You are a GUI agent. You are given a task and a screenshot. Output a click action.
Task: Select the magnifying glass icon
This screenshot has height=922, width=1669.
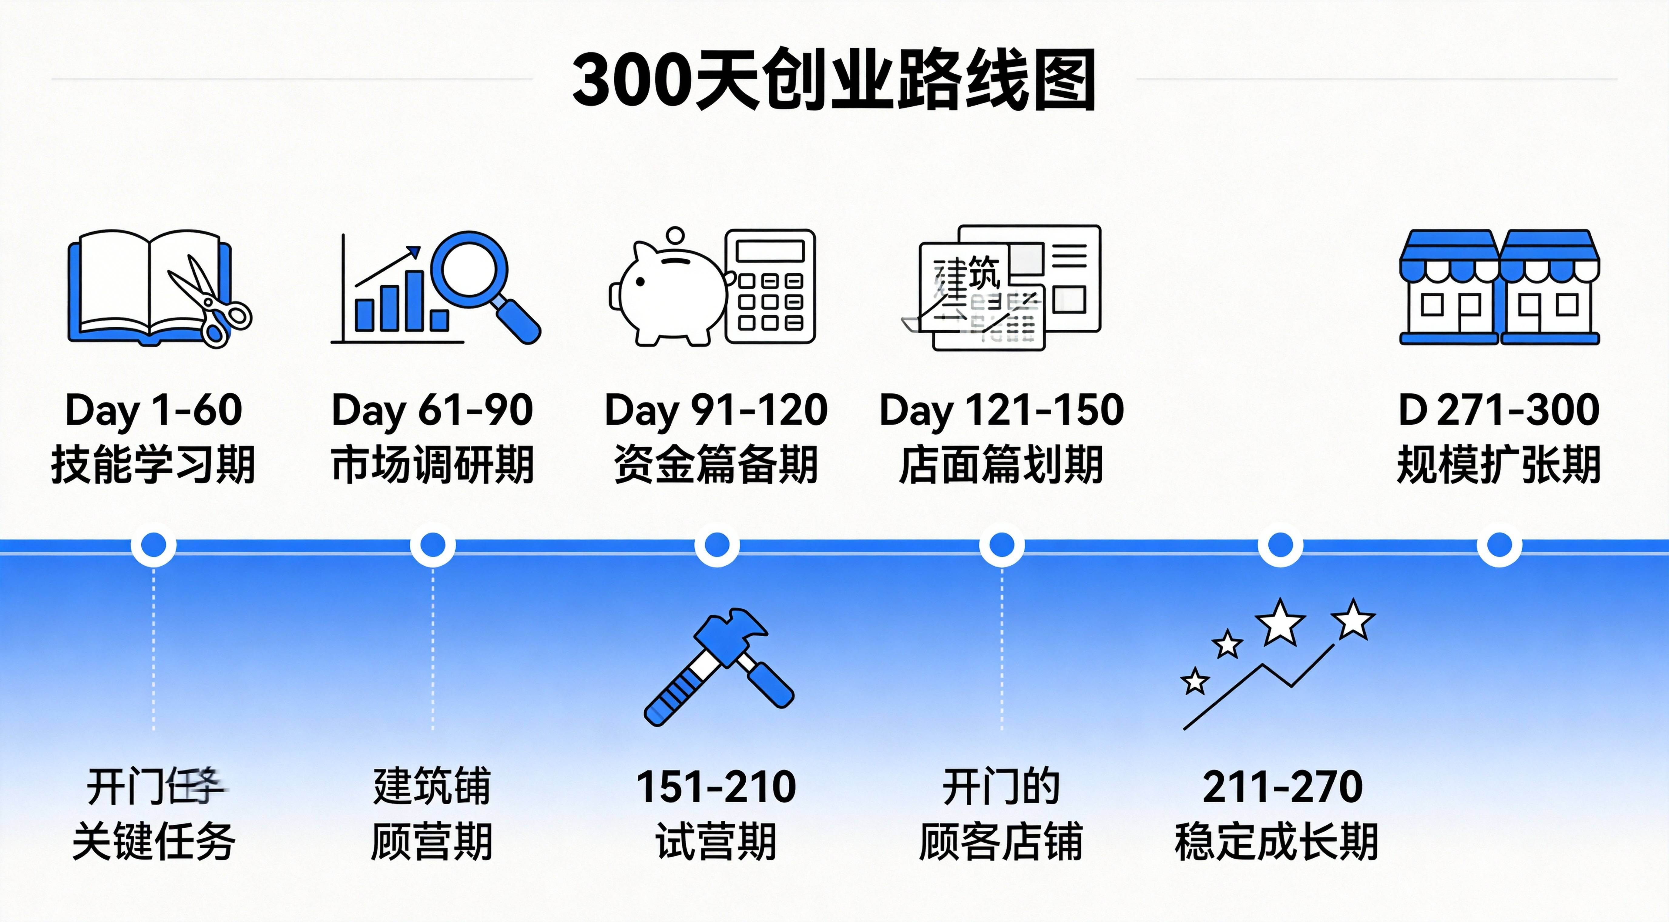tap(483, 282)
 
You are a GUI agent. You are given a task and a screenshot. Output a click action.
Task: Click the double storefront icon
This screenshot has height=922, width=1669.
tap(1499, 287)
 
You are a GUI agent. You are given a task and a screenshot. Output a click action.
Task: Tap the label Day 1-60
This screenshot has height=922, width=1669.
tap(153, 410)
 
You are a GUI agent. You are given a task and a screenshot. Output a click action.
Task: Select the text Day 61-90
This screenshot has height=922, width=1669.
tap(432, 410)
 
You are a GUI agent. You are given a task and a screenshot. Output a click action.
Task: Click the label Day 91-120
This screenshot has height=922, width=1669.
tap(716, 410)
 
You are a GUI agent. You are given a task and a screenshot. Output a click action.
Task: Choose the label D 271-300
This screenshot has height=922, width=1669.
tap(1499, 410)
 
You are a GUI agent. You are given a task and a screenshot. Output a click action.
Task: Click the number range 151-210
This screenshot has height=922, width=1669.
tap(716, 787)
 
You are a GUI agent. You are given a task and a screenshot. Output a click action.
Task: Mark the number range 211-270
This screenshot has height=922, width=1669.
tap(1282, 787)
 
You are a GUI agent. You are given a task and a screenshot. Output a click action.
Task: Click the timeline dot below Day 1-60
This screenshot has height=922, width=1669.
tap(153, 545)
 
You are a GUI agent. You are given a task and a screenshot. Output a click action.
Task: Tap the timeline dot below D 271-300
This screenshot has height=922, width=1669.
tap(1499, 545)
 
